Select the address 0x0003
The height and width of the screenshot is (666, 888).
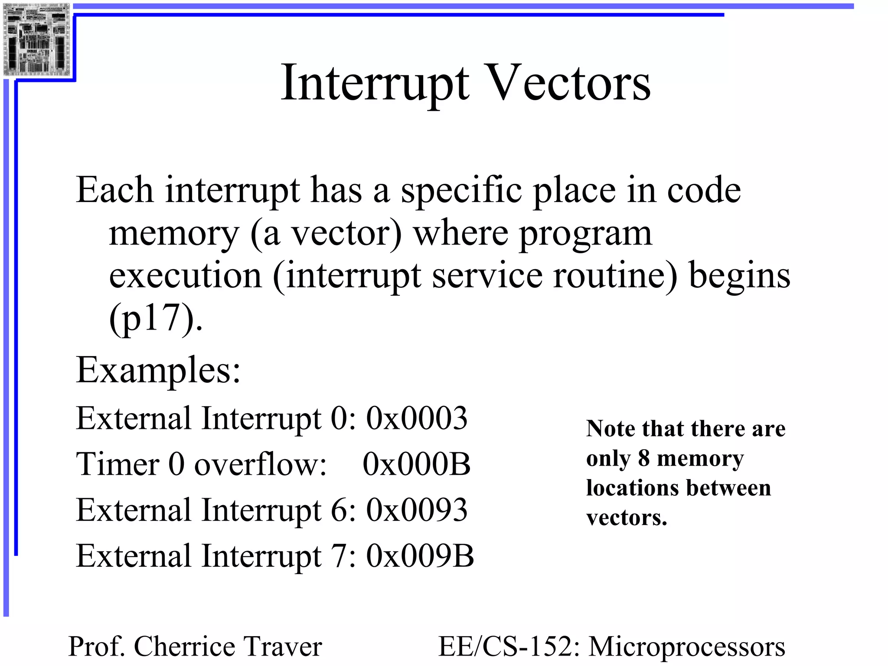click(417, 418)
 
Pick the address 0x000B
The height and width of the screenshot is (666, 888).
click(416, 464)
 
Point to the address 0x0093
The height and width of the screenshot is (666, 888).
click(417, 510)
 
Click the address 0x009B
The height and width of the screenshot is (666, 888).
click(420, 556)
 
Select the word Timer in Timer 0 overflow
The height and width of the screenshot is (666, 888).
click(118, 464)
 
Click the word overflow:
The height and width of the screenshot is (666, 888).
click(260, 464)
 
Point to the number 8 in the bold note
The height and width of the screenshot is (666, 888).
click(644, 458)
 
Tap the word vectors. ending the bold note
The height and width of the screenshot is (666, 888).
click(627, 518)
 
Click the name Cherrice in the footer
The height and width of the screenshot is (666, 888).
click(184, 646)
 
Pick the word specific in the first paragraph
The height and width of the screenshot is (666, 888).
click(461, 191)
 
